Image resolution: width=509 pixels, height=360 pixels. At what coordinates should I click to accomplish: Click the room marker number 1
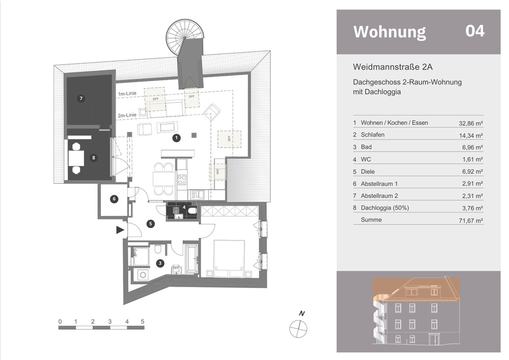[x=177, y=137]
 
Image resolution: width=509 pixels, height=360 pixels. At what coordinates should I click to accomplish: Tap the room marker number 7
[x=80, y=98]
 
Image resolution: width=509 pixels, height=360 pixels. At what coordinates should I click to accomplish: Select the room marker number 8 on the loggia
[x=93, y=158]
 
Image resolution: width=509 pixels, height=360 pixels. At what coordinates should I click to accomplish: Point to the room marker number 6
[x=114, y=199]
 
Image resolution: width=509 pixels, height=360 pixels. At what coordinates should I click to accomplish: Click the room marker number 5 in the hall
[x=150, y=223]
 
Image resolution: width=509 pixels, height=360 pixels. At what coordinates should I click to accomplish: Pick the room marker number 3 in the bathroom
[x=160, y=263]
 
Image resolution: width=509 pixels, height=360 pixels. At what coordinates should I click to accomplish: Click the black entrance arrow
[x=120, y=230]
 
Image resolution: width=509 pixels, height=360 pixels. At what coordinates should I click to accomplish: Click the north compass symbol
[x=299, y=328]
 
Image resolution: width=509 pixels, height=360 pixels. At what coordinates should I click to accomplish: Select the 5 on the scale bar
[x=143, y=321]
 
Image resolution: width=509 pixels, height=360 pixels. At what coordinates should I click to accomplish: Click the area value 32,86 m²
[x=470, y=123]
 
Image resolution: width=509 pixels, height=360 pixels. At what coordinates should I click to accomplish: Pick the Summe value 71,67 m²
[x=470, y=221]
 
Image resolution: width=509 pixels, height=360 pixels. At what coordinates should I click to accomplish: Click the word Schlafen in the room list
[x=373, y=135]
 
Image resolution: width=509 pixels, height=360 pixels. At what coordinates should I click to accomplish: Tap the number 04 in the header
[x=475, y=31]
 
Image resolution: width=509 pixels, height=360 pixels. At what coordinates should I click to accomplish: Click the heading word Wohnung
[x=389, y=32]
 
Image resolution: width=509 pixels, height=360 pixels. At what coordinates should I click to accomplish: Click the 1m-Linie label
[x=127, y=94]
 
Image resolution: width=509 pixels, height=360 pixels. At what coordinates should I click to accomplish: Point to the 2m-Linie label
[x=127, y=115]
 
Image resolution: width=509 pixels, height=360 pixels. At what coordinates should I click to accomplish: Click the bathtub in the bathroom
[x=191, y=259]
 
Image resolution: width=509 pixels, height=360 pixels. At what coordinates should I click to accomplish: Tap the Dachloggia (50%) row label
[x=384, y=208]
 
